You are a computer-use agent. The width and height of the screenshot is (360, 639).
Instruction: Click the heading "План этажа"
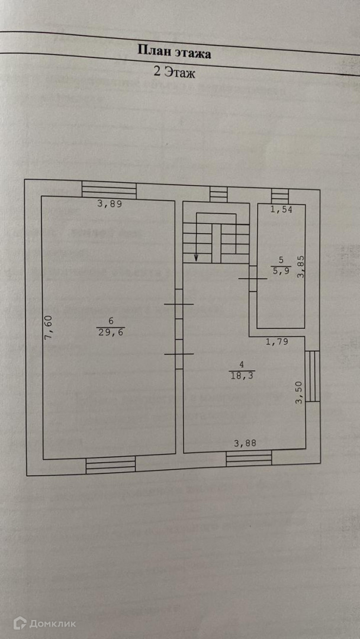pos(174,52)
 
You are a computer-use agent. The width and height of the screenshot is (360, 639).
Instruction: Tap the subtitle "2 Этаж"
pos(174,73)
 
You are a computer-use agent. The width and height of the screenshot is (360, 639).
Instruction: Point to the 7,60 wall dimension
pos(49,328)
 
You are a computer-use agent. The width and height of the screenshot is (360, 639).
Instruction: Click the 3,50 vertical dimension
pos(300,392)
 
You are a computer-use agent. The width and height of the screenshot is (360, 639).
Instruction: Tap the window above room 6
pos(109,190)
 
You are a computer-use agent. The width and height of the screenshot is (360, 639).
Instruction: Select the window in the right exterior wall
pos(313,376)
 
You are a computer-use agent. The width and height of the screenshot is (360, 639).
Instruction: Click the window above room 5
pos(279,195)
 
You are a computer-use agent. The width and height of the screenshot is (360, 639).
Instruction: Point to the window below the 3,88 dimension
pos(249,458)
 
